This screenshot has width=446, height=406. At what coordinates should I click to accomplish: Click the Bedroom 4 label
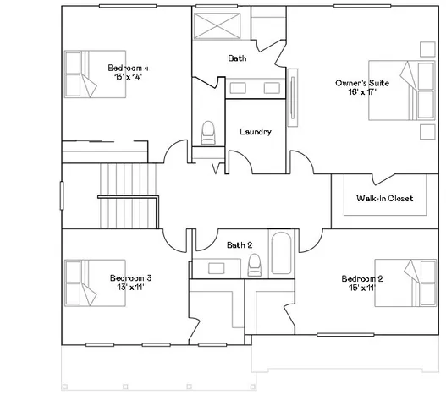pos(129,68)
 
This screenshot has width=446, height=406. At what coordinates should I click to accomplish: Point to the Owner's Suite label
pos(361,83)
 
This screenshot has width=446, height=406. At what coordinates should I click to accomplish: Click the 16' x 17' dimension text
pos(361,93)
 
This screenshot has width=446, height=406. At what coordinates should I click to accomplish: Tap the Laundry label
pos(256,132)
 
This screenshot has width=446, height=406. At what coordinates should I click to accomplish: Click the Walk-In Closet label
pos(384,199)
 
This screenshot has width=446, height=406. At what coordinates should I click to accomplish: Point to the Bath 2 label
pos(240,245)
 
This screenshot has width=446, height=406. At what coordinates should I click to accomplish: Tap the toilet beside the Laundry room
pos(207,132)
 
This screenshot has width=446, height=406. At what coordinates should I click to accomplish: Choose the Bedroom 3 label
pos(131,277)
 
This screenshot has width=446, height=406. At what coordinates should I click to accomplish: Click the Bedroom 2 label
pos(362,278)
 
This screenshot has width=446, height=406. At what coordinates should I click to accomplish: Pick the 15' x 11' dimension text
pos(362,288)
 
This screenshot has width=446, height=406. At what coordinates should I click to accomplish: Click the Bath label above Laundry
pos(238,58)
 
